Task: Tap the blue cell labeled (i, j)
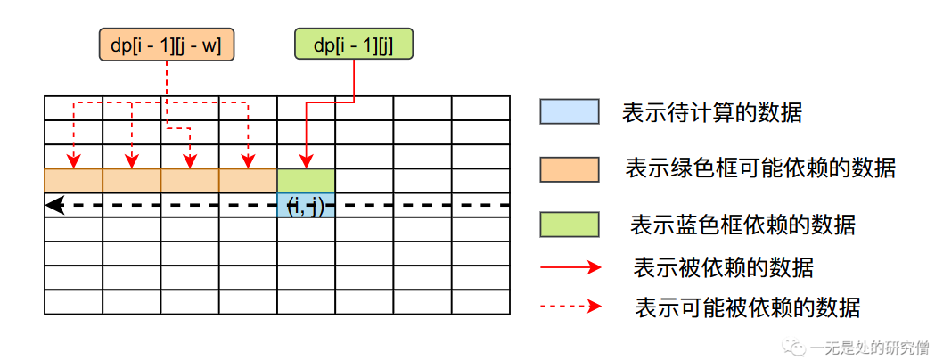[306, 205]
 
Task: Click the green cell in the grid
[306, 180]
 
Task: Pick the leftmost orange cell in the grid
[73, 180]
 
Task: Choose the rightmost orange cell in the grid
[248, 180]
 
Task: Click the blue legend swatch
[569, 111]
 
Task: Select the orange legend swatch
[569, 168]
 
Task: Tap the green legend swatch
[569, 224]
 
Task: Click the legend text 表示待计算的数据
[712, 112]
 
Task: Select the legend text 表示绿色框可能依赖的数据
[760, 168]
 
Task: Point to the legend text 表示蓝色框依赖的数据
[742, 224]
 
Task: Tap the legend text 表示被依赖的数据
[723, 266]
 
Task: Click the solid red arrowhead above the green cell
[306, 162]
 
